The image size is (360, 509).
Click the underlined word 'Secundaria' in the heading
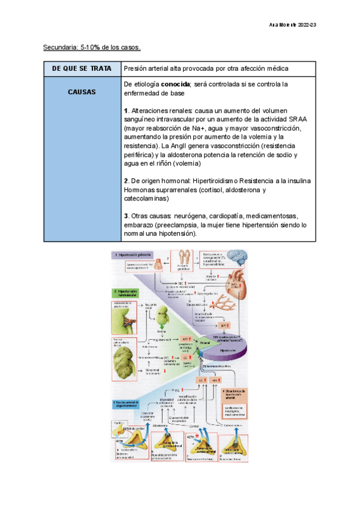61,47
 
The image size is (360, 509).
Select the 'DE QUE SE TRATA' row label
82,69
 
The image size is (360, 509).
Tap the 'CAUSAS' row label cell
82,92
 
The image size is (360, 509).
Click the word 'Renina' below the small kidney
162,331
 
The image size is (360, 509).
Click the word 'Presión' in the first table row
136,69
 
